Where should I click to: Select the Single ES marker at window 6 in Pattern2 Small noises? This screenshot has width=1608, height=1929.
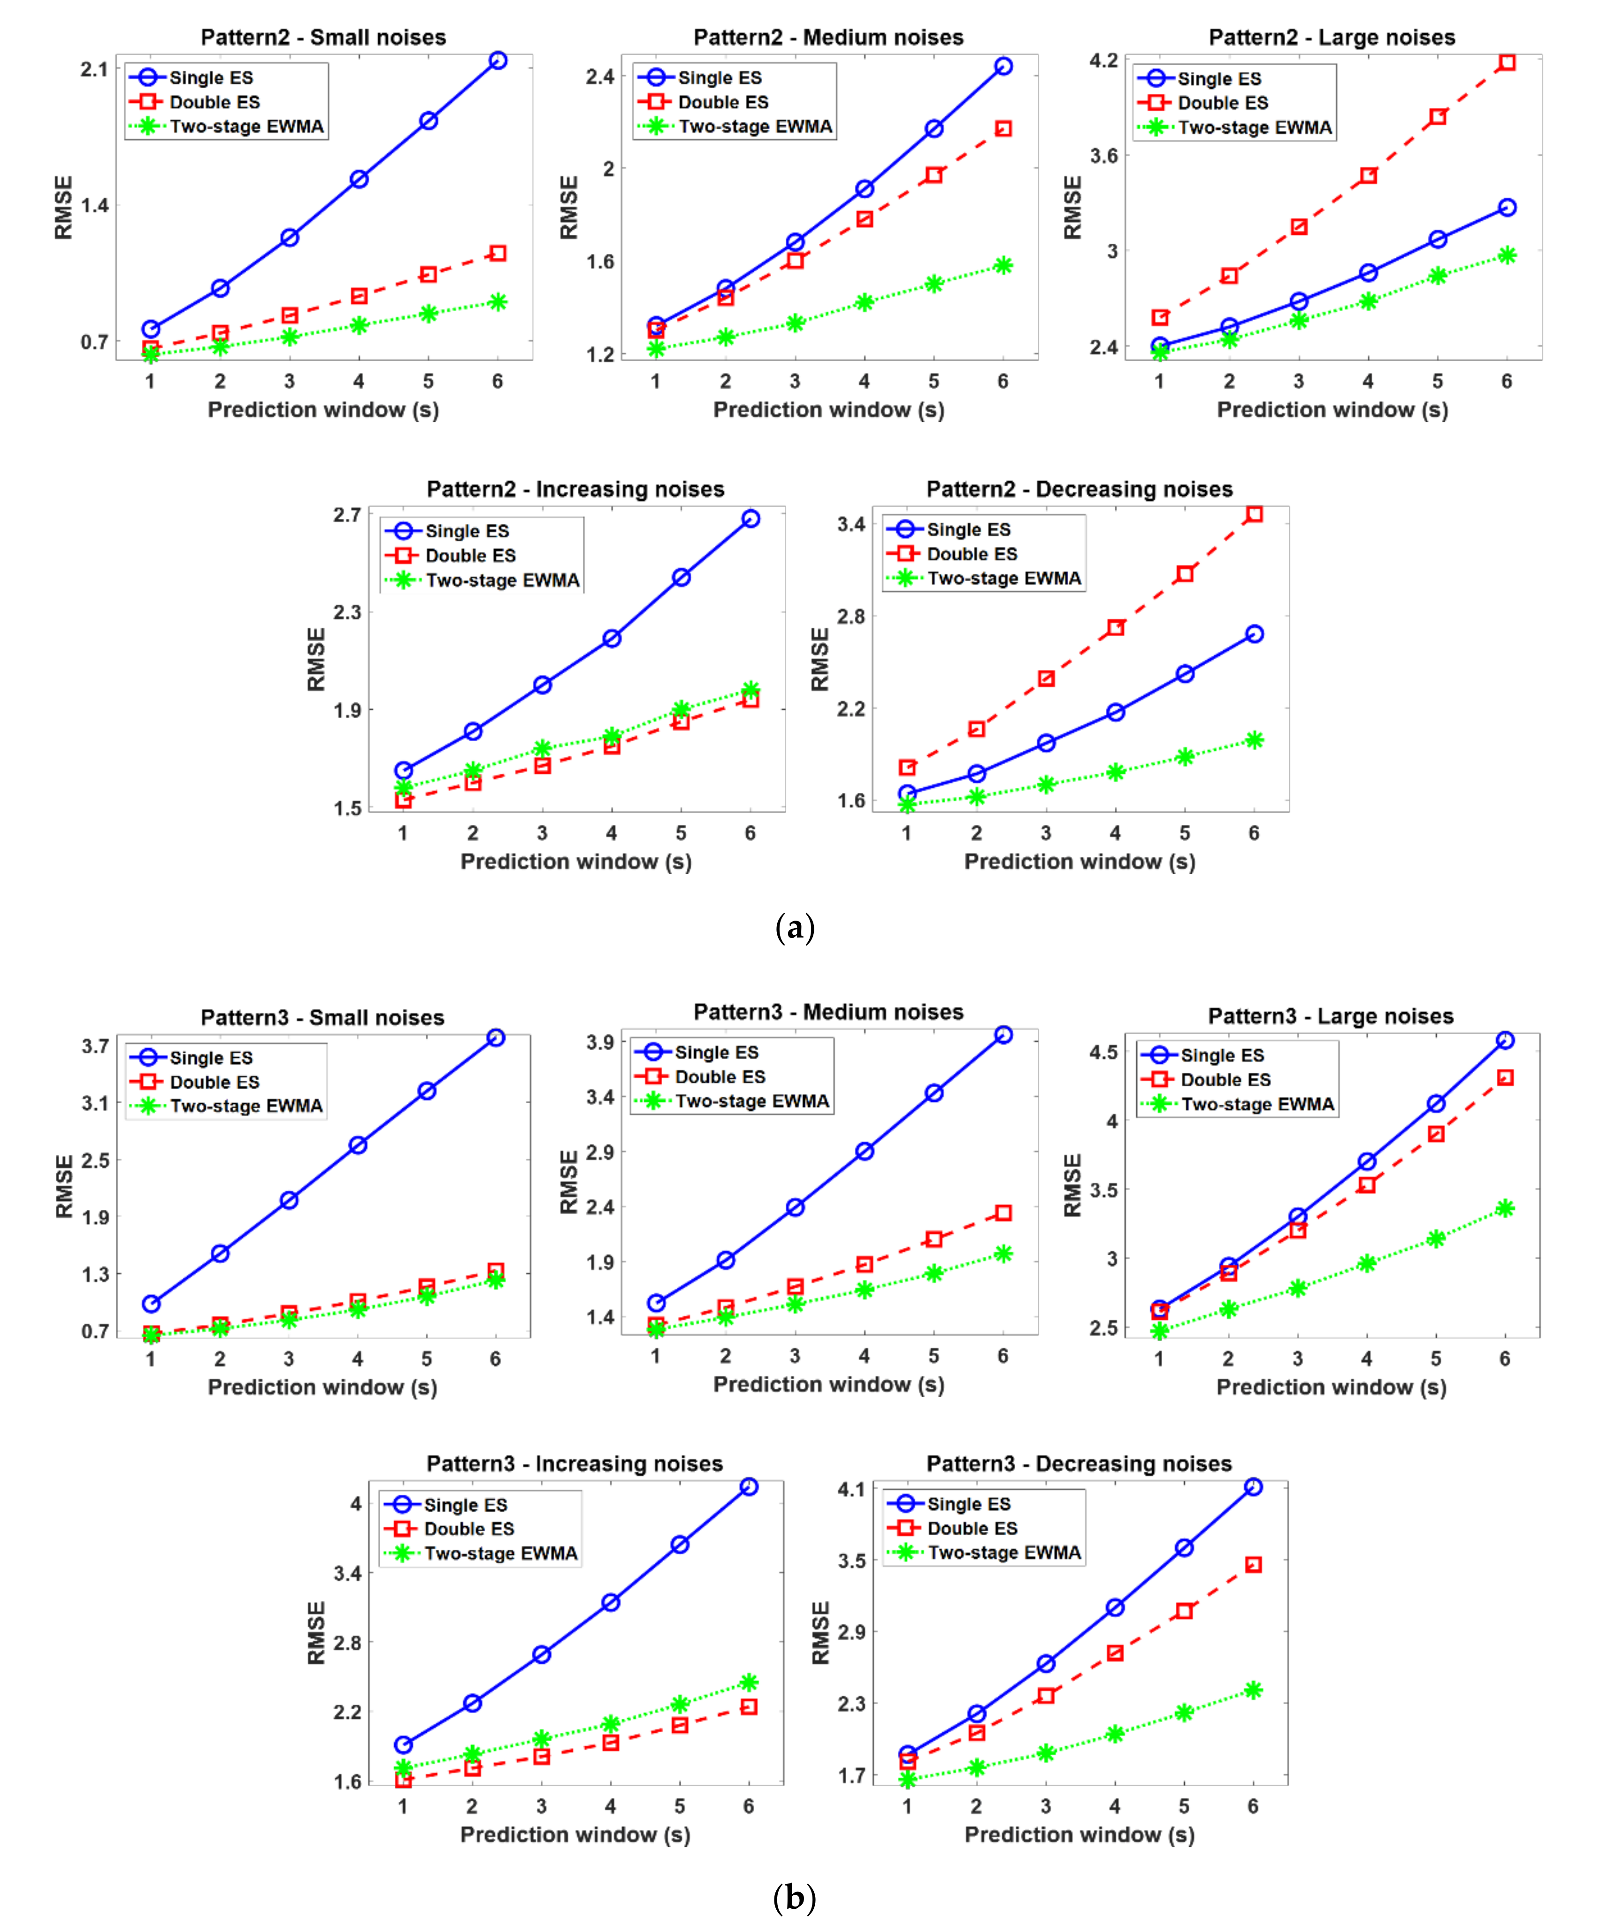(x=498, y=61)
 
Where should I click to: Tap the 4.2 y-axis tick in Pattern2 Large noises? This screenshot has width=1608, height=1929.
(x=1103, y=61)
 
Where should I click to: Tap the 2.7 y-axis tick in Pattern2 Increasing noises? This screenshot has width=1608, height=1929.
(x=347, y=515)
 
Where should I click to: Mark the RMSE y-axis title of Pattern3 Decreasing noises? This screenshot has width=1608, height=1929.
(x=820, y=1632)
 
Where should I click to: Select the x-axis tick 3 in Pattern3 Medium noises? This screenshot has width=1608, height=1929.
(x=794, y=1356)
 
